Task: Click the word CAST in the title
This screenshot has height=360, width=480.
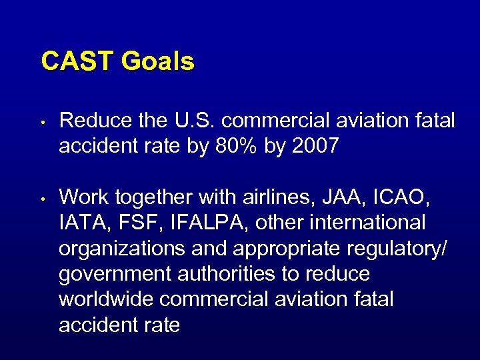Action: pos(77,61)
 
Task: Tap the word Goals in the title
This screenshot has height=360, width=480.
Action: pos(157,61)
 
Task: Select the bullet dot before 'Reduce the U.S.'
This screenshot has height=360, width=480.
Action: pos(41,123)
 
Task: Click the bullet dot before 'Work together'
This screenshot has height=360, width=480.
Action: pos(41,199)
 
